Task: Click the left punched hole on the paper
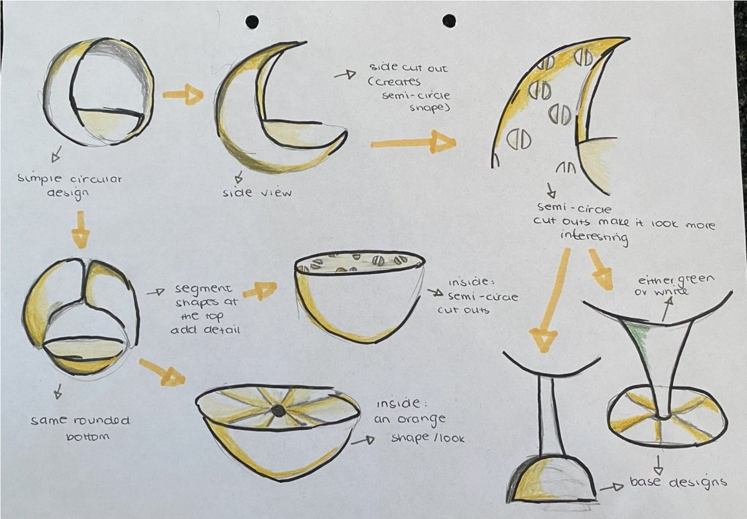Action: [x=252, y=22]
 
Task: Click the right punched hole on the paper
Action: [x=449, y=21]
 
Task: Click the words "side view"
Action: [x=257, y=193]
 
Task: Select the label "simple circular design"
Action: [x=70, y=186]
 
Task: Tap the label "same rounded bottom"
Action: [x=80, y=427]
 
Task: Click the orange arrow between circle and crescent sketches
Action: [x=183, y=95]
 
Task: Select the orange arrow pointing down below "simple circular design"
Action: [x=80, y=230]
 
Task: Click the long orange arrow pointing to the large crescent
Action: [x=413, y=143]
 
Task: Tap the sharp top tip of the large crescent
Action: [x=629, y=39]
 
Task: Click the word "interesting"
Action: [x=594, y=237]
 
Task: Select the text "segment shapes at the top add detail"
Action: [x=205, y=309]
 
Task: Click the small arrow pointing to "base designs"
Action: [x=611, y=488]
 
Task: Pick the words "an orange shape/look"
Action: [x=419, y=429]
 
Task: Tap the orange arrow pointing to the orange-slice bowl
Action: [x=162, y=372]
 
